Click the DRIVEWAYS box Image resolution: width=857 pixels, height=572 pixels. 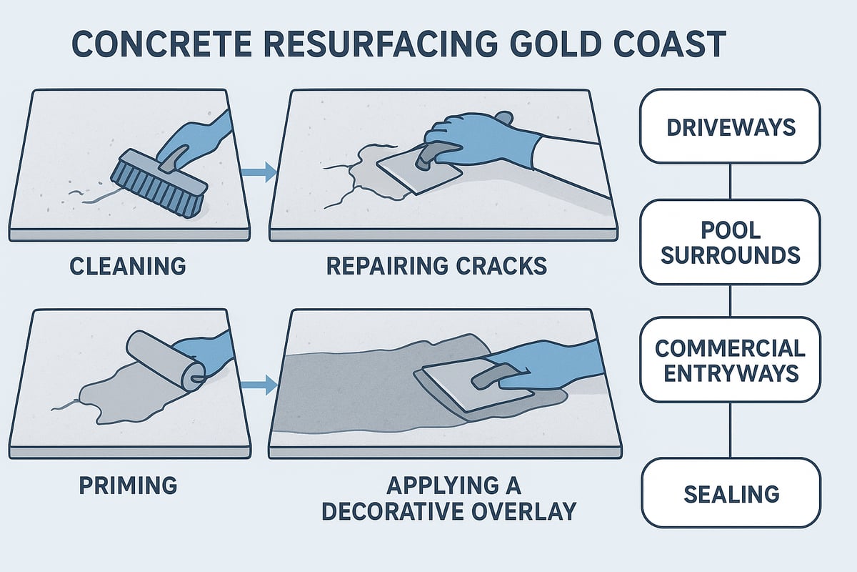(x=729, y=127)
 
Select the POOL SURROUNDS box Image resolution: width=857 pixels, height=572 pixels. (x=729, y=242)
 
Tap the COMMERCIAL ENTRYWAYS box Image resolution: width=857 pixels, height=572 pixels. (x=729, y=360)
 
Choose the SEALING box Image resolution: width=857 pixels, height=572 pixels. (x=729, y=493)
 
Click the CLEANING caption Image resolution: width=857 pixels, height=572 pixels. (x=128, y=266)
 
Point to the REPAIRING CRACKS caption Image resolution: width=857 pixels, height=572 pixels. (x=436, y=266)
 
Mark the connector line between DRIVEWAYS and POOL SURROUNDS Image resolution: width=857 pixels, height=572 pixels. (x=729, y=181)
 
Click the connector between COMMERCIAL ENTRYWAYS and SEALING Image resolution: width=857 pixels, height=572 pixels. (x=729, y=430)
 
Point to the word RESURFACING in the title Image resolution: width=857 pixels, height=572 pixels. (x=361, y=44)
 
